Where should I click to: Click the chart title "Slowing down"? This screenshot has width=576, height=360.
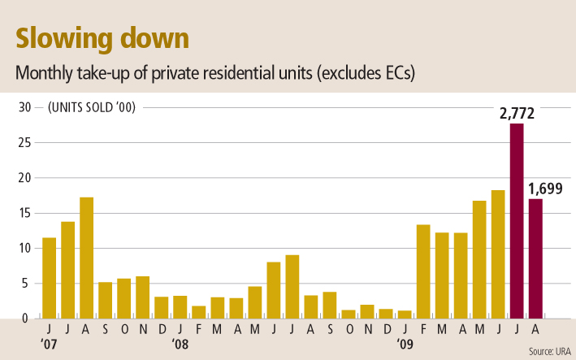(102, 37)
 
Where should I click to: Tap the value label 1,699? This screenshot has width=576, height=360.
(547, 190)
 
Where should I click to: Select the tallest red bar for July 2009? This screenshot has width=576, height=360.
(517, 219)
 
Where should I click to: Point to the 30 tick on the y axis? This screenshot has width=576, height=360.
(24, 107)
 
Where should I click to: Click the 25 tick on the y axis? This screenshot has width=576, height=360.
(24, 143)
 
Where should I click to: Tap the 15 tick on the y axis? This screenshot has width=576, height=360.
(24, 213)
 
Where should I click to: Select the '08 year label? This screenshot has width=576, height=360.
(180, 343)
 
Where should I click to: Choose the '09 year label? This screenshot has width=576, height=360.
(405, 343)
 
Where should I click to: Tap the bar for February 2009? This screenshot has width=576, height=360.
(423, 271)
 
